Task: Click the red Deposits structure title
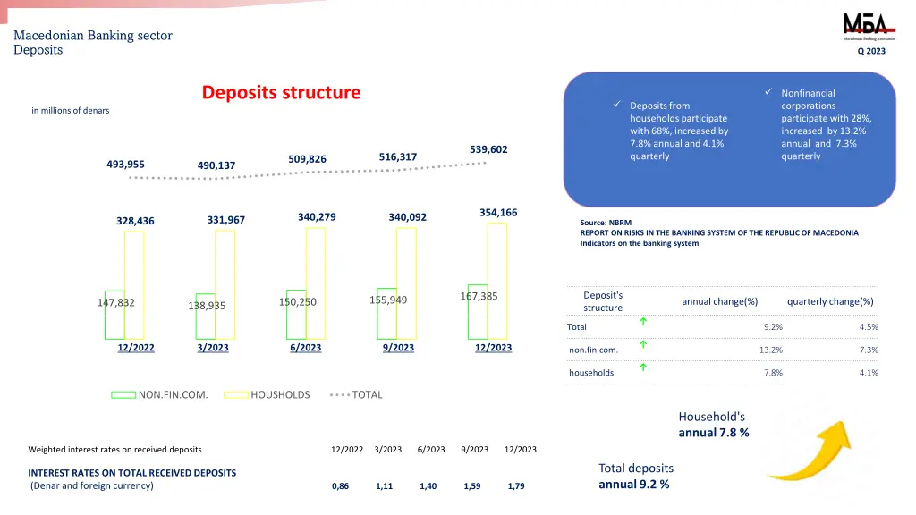(281, 92)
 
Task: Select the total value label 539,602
(488, 149)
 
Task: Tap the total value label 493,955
(125, 164)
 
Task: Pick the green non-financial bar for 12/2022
(114, 315)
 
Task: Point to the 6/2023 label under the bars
(305, 348)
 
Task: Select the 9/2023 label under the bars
(398, 348)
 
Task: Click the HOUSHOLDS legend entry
(279, 394)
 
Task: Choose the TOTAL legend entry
(366, 394)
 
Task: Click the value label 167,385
(479, 296)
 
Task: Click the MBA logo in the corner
(863, 26)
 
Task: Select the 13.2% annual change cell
(771, 350)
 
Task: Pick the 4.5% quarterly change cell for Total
(868, 327)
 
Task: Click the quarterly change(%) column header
(830, 301)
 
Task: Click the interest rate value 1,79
(515, 486)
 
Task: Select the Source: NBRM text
(606, 223)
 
